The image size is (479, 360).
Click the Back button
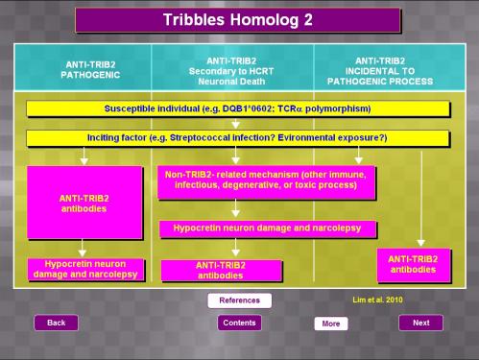(57, 323)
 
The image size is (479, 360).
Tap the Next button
(421, 323)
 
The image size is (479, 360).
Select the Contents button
(239, 323)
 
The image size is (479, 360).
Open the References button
(240, 300)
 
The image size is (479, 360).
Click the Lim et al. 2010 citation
(377, 300)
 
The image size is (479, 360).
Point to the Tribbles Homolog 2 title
(238, 20)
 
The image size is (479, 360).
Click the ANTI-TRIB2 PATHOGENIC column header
(90, 70)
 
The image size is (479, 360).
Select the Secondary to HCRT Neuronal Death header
(231, 71)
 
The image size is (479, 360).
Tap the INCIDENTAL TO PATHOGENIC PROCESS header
(380, 71)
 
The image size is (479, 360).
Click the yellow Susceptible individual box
(238, 108)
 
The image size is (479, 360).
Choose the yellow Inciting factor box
(237, 138)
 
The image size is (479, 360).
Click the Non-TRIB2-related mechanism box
(266, 182)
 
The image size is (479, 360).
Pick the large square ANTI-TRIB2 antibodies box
(84, 203)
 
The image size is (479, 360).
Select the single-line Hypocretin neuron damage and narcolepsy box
(268, 228)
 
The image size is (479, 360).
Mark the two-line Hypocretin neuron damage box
(85, 270)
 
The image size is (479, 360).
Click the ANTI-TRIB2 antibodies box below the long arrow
(414, 265)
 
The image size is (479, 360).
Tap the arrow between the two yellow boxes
(236, 124)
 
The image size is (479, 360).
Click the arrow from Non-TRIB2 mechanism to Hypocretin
(236, 208)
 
